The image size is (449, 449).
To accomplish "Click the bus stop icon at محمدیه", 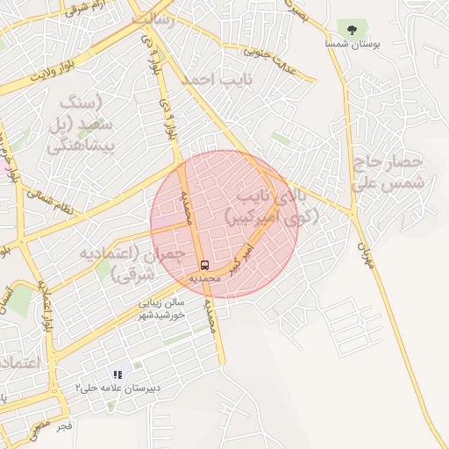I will pyautogui.click(x=204, y=265).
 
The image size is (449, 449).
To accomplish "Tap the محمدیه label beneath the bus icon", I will pyautogui.click(x=204, y=278).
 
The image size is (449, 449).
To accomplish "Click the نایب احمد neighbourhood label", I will pyautogui.click(x=210, y=80).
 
